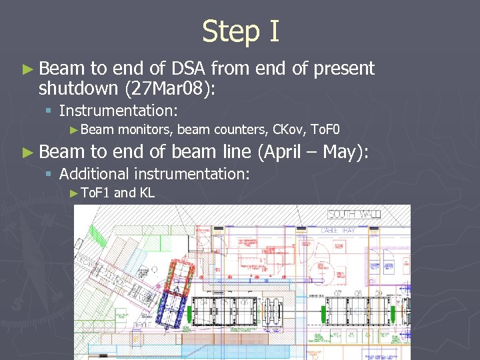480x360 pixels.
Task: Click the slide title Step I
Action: tap(240, 31)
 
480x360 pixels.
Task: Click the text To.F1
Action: tap(94, 193)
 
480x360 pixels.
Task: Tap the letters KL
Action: tap(147, 193)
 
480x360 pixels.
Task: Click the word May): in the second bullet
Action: tap(345, 152)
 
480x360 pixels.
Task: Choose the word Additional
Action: tap(93, 174)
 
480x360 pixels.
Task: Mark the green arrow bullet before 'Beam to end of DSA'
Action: tap(27, 69)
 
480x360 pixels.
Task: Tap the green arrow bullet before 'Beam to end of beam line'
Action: tap(27, 153)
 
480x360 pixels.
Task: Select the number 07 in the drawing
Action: tap(338, 293)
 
